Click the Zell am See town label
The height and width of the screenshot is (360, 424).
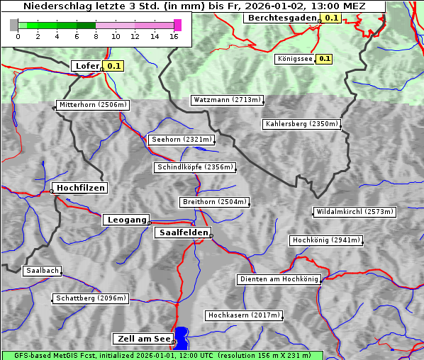click(x=143, y=339)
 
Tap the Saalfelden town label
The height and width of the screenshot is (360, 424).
click(x=182, y=232)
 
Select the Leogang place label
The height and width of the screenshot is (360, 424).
click(x=126, y=220)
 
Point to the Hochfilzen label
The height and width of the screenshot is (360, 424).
click(x=80, y=188)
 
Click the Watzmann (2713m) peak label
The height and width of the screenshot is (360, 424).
click(x=227, y=100)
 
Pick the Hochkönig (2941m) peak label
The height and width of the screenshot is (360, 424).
click(x=326, y=240)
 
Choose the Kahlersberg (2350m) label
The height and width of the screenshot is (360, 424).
click(x=302, y=124)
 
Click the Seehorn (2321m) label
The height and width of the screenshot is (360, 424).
click(x=182, y=140)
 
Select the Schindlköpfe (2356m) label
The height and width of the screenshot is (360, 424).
click(x=194, y=167)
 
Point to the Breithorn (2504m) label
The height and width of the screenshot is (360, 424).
click(x=215, y=202)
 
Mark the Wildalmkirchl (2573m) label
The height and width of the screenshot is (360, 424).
click(x=354, y=212)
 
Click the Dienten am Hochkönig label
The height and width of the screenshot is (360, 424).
click(x=279, y=280)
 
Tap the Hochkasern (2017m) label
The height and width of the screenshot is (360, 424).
click(x=244, y=315)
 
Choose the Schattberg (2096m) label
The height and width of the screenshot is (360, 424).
click(x=91, y=298)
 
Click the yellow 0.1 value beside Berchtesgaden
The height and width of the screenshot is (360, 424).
click(x=332, y=18)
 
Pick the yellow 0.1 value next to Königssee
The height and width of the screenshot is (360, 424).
click(x=324, y=59)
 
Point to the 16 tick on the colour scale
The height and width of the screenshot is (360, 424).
click(x=174, y=36)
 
